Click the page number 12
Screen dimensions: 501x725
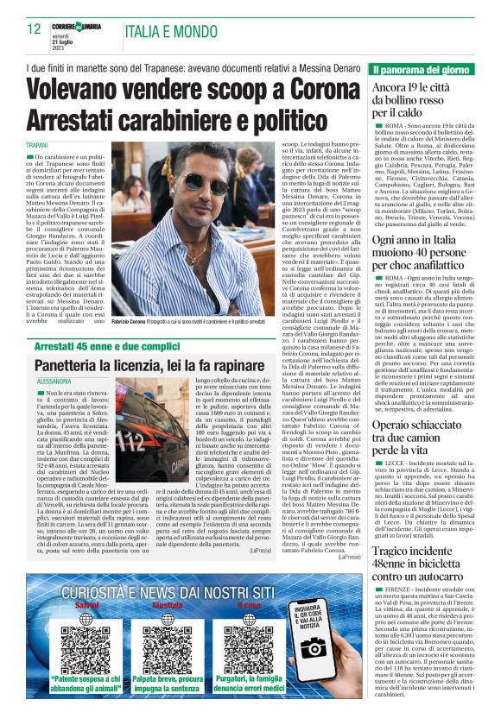coord(35,28)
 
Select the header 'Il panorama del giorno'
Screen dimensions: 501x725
coord(422,69)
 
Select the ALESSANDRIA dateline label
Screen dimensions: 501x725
coord(54,381)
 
